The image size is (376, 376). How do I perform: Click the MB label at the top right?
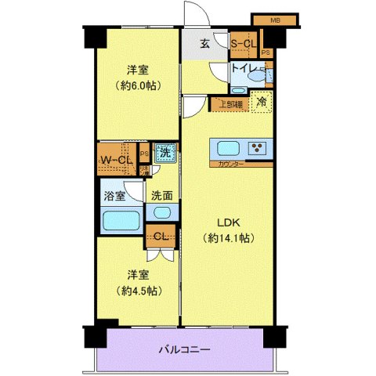275,19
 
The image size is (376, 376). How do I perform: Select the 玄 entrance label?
203,43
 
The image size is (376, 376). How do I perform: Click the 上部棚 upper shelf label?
230,103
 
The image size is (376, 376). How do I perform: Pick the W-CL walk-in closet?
116,161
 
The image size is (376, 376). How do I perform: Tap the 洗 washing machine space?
164,154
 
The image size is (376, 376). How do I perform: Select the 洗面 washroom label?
162,195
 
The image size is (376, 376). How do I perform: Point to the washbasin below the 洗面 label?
163,212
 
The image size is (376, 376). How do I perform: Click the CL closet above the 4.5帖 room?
160,237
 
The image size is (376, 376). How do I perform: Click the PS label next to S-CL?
266,52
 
